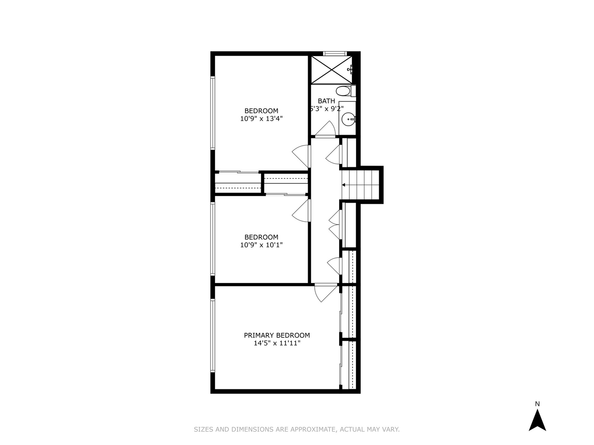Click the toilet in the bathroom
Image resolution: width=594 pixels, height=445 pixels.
point(343,91)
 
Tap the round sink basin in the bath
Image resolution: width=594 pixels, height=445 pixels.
point(349,120)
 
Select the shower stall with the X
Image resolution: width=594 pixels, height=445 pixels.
point(331,69)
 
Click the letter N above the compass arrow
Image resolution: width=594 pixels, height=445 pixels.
point(537,404)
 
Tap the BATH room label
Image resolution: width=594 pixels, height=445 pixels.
point(326,101)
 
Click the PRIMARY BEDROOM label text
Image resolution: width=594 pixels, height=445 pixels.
point(277,335)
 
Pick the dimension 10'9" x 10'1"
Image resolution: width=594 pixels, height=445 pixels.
point(262,245)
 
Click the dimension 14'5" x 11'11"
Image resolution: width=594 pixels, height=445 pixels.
point(277,343)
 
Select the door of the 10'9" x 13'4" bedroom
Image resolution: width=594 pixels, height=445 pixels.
point(302,156)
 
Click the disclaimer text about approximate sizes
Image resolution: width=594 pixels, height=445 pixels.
point(297,429)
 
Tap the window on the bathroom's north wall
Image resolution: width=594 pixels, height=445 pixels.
point(334,53)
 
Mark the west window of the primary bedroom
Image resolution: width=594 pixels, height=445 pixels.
point(213,335)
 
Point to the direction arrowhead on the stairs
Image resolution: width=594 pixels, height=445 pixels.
point(344,185)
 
